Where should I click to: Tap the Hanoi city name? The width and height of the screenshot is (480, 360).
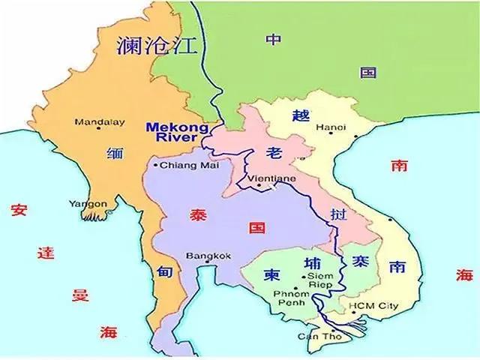coord(331,128)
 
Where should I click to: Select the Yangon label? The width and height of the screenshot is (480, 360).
coord(88,203)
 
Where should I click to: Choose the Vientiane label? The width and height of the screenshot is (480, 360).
coord(256,180)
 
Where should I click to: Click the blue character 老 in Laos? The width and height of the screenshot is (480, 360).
coord(273,154)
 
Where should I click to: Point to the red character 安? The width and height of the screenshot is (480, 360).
coord(19,211)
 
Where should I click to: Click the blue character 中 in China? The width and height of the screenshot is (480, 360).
coord(274,40)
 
